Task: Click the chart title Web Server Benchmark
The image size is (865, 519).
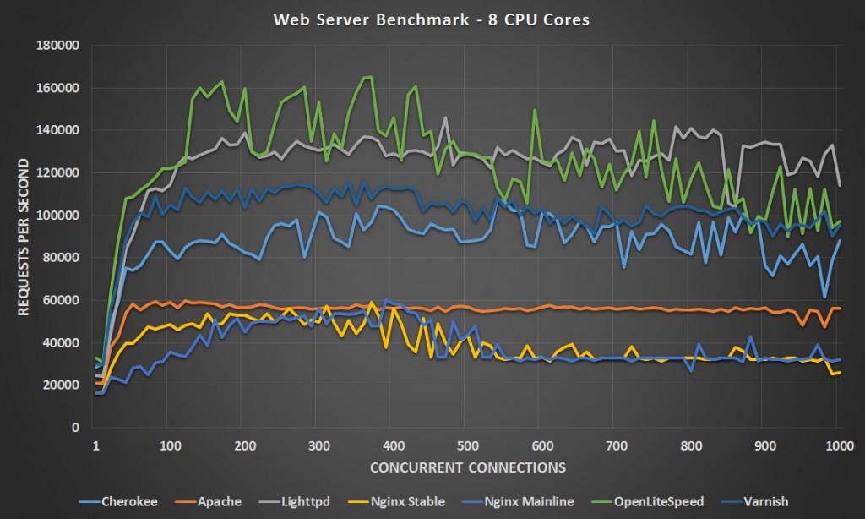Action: (432, 19)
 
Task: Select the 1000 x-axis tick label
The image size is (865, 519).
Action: (838, 445)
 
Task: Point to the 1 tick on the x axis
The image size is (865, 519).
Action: (95, 445)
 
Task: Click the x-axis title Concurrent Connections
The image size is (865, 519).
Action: (467, 467)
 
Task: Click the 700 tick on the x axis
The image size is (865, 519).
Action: (616, 445)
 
